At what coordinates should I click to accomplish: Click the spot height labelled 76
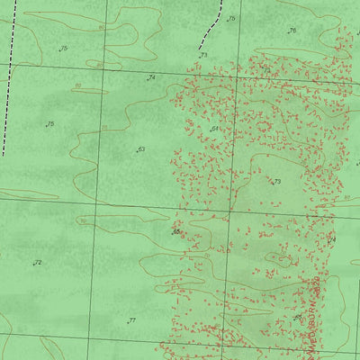292,31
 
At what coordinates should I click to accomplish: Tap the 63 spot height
140,149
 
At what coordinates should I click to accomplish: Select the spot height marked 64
215,130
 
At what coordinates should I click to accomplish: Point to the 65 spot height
176,231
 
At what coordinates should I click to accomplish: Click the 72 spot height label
38,263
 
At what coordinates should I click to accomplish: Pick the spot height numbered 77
131,320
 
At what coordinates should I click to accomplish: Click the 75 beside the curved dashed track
231,18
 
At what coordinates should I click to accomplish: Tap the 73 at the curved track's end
203,56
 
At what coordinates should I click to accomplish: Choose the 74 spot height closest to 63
151,78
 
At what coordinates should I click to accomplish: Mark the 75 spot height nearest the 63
50,124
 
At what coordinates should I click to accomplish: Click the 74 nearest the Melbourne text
330,239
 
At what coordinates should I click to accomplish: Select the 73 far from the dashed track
277,182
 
